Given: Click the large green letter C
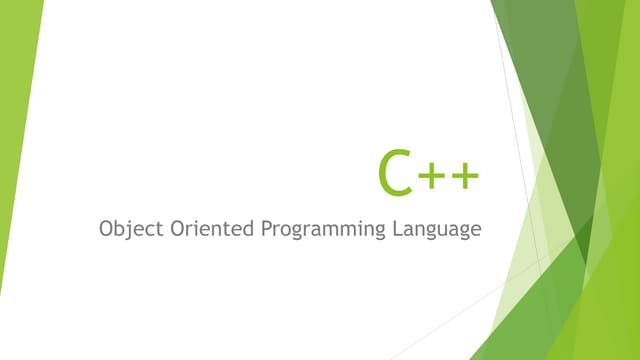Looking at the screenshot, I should (x=396, y=172).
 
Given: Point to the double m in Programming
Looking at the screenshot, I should (x=338, y=231).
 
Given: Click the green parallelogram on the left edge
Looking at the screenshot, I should (x=18, y=120).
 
